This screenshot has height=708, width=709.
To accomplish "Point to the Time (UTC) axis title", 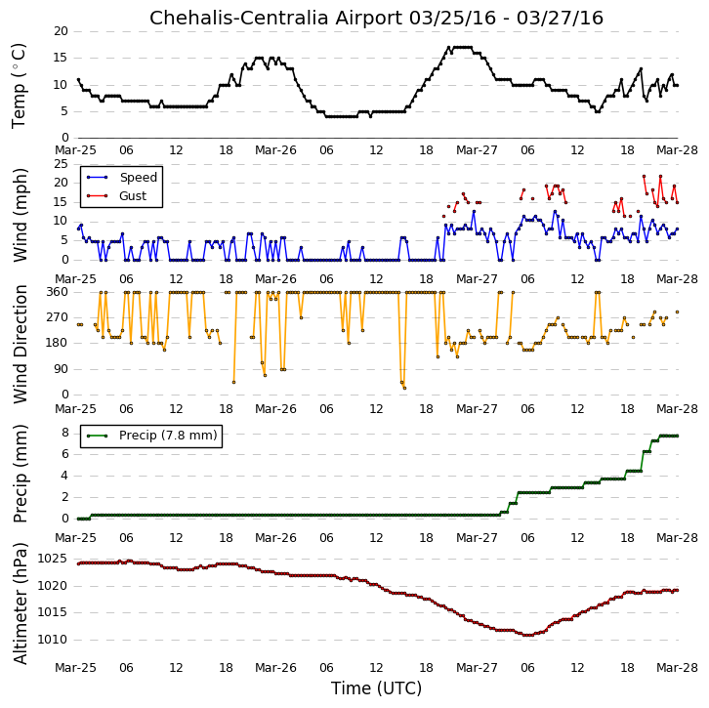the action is (376, 688).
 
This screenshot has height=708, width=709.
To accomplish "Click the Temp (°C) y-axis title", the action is (19, 86).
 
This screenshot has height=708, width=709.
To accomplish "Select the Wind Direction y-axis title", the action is (20, 344).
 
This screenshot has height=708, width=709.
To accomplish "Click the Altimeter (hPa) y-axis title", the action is (20, 604).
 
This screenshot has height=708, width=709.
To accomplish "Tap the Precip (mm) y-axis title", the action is (20, 474).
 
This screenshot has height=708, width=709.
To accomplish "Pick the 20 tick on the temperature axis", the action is (62, 31).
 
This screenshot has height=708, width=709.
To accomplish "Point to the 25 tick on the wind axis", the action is (62, 164).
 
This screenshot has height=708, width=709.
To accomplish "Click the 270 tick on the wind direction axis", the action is (58, 317).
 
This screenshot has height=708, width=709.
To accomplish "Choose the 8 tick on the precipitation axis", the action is (65, 434).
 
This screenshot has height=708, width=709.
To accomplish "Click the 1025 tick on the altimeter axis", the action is (52, 559).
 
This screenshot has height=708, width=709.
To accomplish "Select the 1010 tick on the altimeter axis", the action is (52, 640).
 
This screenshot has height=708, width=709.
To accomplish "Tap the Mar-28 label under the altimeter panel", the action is (678, 668).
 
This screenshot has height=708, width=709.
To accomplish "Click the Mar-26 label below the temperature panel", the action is (275, 150).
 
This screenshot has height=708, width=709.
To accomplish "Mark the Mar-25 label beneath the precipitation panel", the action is (75, 538).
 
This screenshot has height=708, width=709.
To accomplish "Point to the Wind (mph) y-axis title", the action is (20, 215).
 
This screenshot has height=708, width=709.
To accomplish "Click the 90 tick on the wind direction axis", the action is (62, 369).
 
